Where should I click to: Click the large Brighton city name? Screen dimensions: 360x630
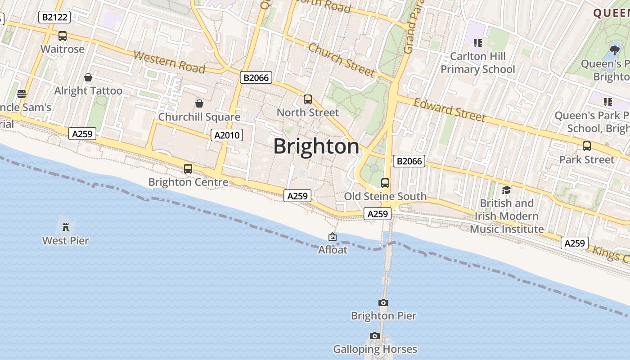point(316,146)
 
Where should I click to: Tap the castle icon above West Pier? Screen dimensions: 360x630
point(66,226)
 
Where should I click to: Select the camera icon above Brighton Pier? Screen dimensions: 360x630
point(383,302)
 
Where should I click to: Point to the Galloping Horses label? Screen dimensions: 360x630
point(375,349)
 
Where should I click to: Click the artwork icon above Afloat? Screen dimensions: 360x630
point(333,237)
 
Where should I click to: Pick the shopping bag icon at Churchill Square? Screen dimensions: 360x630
point(199,104)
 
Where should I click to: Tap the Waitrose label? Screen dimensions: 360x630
point(63,49)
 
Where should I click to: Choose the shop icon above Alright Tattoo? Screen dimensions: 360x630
point(88,77)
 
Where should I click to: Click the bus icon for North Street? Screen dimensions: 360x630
point(308,99)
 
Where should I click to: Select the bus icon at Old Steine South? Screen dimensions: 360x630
point(385,183)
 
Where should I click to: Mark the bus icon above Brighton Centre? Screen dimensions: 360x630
point(188,169)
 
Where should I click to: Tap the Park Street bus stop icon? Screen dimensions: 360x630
point(587,146)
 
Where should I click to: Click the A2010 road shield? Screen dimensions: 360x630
point(227,135)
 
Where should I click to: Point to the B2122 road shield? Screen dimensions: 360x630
point(55,18)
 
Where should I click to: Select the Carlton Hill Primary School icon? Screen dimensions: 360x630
point(477,43)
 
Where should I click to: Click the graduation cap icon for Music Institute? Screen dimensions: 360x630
point(506,190)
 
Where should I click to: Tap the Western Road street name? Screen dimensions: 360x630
point(170,63)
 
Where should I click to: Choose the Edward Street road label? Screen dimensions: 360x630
point(450,110)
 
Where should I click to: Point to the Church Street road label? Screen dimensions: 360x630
point(342,60)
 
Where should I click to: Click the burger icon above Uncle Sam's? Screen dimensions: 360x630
point(21,94)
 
